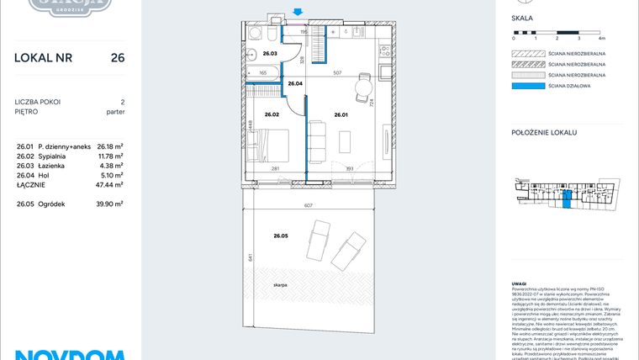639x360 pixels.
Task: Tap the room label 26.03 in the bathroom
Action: [x=270, y=54]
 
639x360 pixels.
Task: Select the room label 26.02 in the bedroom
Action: [x=272, y=114]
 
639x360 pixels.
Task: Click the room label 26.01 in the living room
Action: [x=341, y=114]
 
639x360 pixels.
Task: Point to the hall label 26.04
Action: [x=295, y=84]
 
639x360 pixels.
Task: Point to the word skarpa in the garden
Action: [x=281, y=286]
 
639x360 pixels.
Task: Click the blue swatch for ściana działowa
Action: [x=529, y=85]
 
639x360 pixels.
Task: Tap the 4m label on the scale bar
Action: [x=600, y=39]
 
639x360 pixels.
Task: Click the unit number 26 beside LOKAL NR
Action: [x=118, y=58]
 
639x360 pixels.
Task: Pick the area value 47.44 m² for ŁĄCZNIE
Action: [x=109, y=184]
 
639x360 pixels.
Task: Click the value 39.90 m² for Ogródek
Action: [x=109, y=204]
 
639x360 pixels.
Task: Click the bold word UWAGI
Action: [x=520, y=283]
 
